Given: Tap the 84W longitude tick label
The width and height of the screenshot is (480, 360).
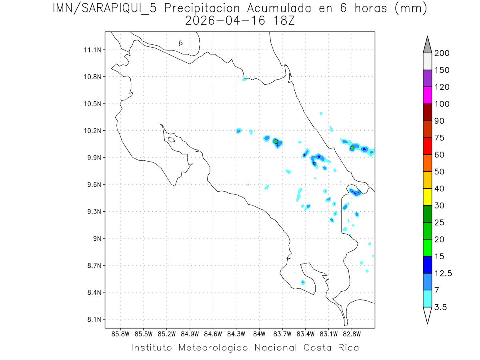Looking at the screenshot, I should (259, 334).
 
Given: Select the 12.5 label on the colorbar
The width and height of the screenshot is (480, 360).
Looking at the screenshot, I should (443, 274).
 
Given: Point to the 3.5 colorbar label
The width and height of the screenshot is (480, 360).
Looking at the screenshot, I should (441, 307).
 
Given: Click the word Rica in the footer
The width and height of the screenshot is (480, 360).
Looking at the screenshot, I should (347, 348).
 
